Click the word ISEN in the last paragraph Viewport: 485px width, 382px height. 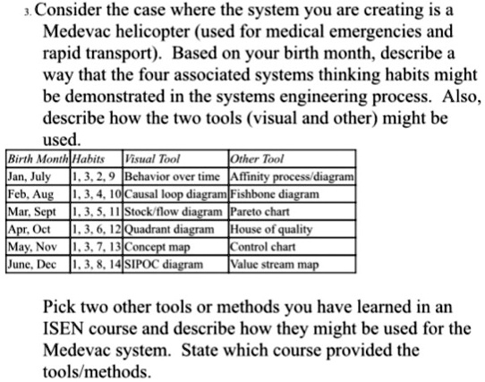pos(63,327)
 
